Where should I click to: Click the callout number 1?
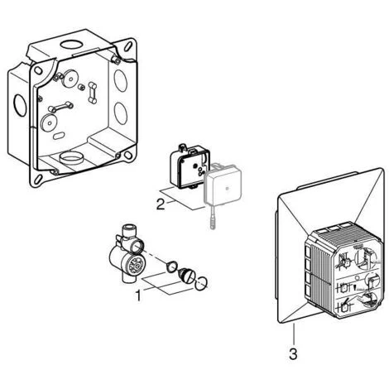[x=138, y=295]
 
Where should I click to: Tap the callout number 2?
[x=161, y=204]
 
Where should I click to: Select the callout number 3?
[x=293, y=354]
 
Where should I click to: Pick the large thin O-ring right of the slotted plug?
[x=201, y=284]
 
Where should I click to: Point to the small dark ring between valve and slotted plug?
[x=171, y=267]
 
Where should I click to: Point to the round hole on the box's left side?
[x=20, y=105]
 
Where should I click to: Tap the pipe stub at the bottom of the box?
[x=71, y=159]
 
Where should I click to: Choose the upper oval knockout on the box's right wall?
[x=121, y=80]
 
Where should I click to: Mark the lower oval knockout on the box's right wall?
[x=121, y=113]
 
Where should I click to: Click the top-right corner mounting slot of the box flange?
[x=127, y=46]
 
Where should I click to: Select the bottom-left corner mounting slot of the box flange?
[x=38, y=179]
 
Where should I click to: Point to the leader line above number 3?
[x=293, y=335]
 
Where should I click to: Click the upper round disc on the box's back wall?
[x=70, y=79]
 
